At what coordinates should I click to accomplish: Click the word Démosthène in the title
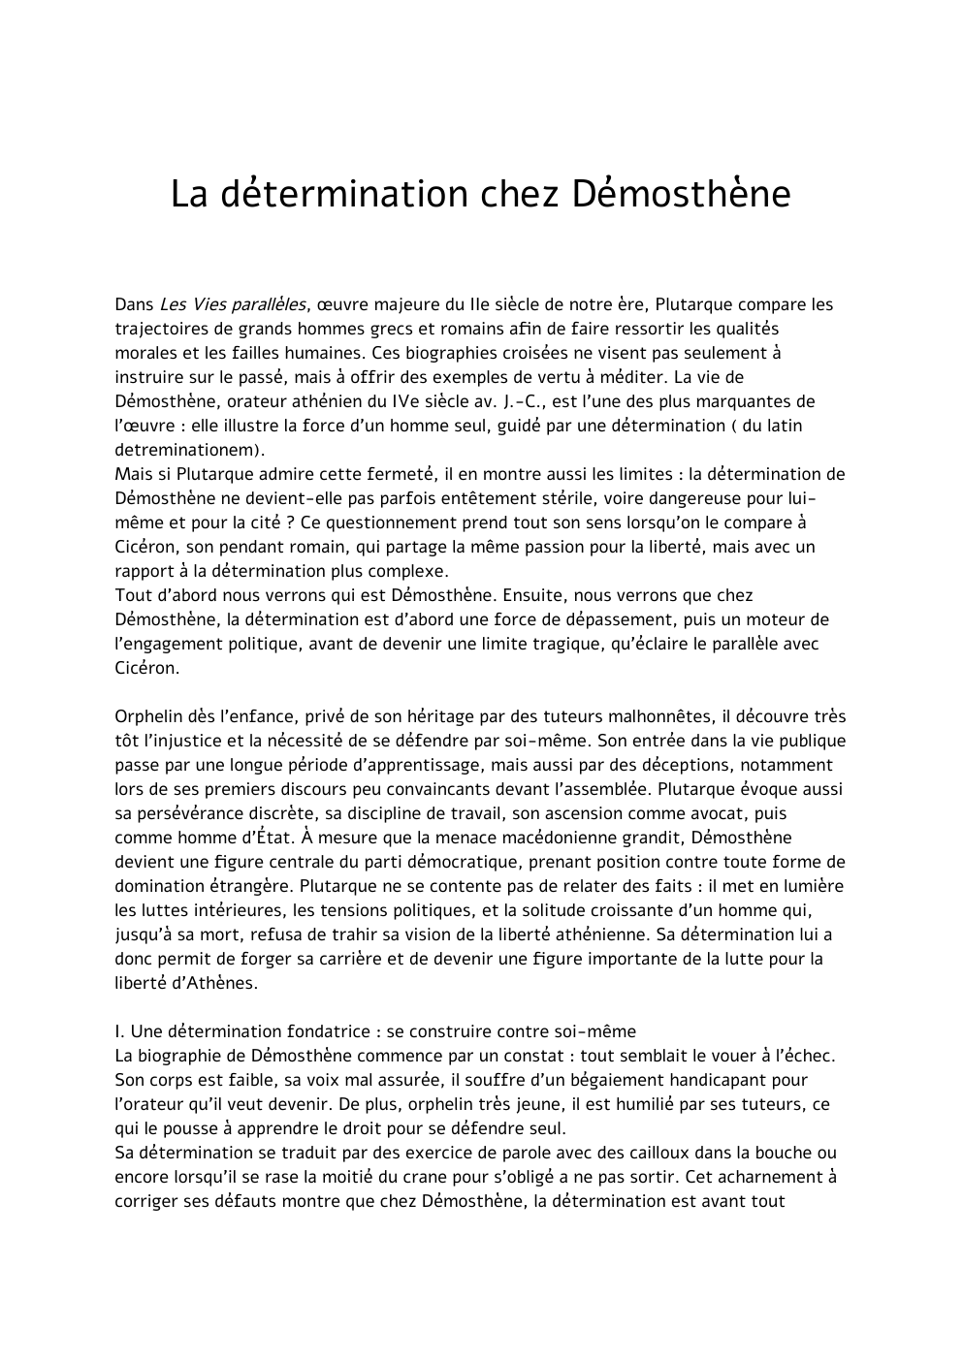(x=680, y=194)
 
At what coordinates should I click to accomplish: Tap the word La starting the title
(x=190, y=194)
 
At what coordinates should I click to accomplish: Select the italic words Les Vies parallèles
(x=232, y=304)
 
